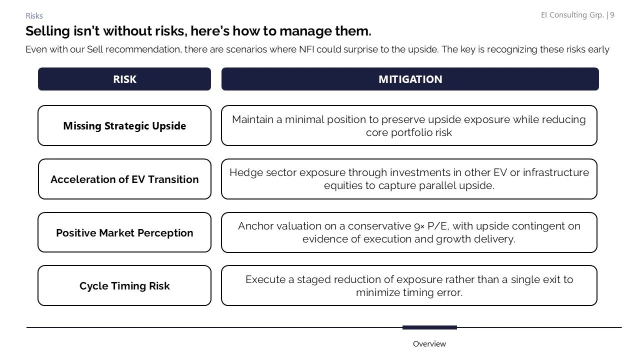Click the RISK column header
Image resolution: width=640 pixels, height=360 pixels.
tap(124, 79)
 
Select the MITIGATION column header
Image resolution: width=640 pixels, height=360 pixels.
tap(410, 79)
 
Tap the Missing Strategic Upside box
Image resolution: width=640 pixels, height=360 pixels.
tap(124, 126)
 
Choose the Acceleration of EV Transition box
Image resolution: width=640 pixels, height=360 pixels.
tap(124, 179)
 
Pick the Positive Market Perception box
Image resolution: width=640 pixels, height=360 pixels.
tap(124, 233)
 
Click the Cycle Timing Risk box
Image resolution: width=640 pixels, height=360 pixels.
tap(124, 286)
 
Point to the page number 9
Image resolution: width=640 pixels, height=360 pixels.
tap(612, 15)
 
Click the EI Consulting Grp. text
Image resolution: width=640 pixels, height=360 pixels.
tap(572, 15)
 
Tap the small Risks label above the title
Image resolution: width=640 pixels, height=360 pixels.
tap(34, 16)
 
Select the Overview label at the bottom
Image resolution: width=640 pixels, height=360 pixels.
tap(429, 344)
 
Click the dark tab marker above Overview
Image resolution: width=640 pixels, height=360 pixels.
tap(429, 327)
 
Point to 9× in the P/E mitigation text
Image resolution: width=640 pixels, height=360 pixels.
tap(419, 226)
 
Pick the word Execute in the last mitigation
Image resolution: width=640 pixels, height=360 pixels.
tap(265, 279)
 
